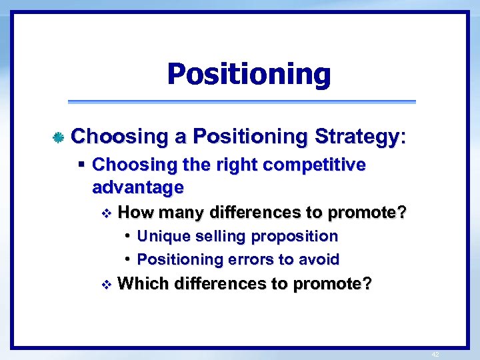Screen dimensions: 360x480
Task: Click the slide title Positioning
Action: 249,74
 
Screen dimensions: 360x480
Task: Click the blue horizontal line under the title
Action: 242,102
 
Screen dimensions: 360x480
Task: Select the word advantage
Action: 137,187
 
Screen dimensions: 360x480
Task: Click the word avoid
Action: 320,259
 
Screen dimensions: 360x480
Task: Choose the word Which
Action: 143,283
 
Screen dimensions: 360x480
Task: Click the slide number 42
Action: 435,355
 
